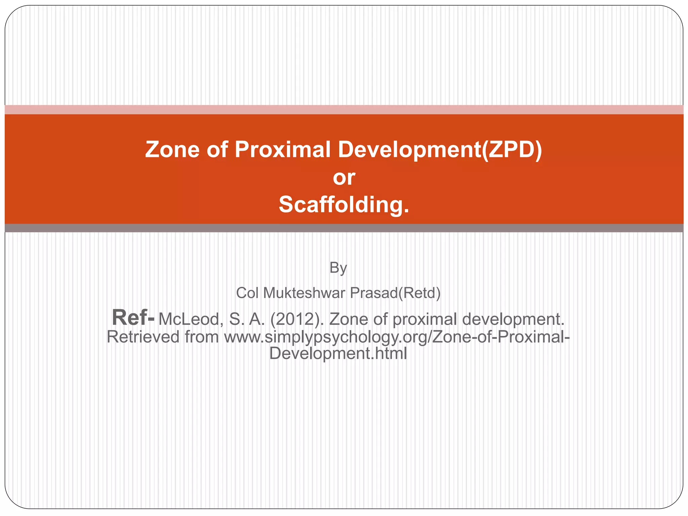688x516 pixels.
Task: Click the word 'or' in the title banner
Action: click(x=344, y=177)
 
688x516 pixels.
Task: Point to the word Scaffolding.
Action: click(x=344, y=205)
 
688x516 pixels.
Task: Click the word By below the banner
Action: click(x=338, y=268)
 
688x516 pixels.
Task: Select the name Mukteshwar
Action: click(x=304, y=293)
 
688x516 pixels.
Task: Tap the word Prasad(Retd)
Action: click(x=395, y=293)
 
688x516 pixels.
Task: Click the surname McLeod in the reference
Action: click(x=189, y=319)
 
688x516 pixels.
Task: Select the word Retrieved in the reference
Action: click(x=143, y=337)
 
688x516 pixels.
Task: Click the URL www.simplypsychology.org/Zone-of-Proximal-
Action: click(x=397, y=337)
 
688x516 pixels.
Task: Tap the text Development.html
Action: click(x=338, y=353)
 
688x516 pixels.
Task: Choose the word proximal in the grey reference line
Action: click(x=425, y=319)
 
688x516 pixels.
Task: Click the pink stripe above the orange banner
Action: click(x=344, y=110)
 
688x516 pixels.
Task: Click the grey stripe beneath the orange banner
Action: click(x=344, y=228)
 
